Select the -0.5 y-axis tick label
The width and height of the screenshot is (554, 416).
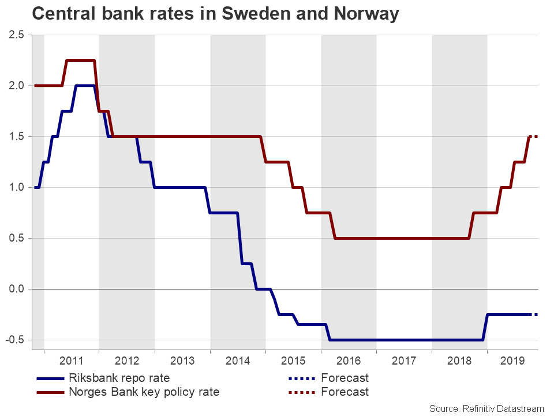(x=15, y=340)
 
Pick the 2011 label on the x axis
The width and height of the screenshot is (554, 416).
(x=72, y=361)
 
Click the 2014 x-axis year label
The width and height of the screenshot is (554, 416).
(x=238, y=361)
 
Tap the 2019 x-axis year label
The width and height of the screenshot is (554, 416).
(x=513, y=361)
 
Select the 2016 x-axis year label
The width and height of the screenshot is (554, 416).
(x=349, y=361)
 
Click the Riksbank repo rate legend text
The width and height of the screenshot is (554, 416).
(x=119, y=379)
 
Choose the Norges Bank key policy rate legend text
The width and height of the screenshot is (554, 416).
(x=144, y=392)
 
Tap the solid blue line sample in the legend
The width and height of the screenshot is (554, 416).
(x=51, y=379)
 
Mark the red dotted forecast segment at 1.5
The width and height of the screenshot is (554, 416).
(x=534, y=136)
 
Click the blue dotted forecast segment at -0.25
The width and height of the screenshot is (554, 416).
(x=534, y=314)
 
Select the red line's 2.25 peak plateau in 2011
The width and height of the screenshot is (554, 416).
(x=81, y=60)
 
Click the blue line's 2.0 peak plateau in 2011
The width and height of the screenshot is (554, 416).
(x=85, y=86)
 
